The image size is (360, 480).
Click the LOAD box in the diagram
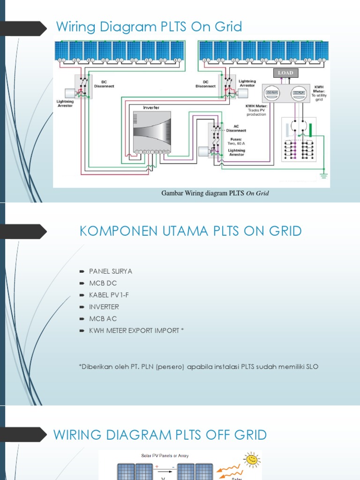coord(285,73)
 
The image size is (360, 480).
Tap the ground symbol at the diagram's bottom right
coord(322,175)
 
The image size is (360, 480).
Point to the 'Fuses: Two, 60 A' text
coord(236,141)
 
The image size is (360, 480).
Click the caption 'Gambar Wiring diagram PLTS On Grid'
coord(215,193)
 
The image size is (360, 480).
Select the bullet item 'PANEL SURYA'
coord(111,271)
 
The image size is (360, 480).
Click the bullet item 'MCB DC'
coord(103,283)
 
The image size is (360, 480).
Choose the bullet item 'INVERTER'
coord(104,307)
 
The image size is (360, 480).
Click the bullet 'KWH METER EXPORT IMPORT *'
coord(136,330)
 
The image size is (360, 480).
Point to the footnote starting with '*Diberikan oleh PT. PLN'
coord(199,367)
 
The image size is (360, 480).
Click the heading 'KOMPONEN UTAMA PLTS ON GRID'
coord(191,231)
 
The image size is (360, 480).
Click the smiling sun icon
coord(252,460)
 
